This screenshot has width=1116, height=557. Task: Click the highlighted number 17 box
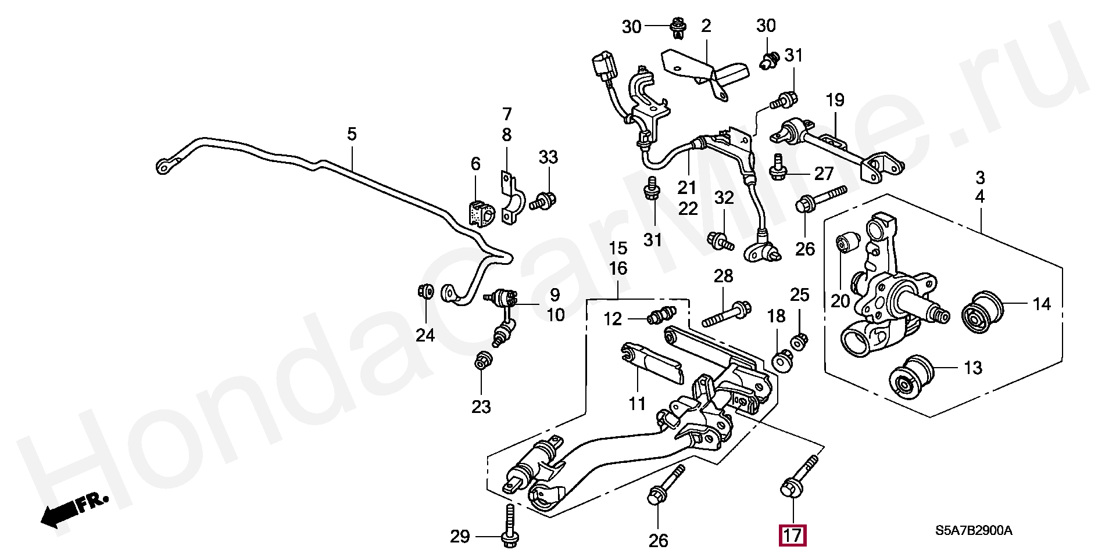[x=792, y=536]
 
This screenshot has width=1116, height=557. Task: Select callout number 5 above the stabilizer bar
[x=352, y=135]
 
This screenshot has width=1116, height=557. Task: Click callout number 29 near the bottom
[x=460, y=537]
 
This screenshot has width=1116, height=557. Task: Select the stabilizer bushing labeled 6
[x=480, y=213]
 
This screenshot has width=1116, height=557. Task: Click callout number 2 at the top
[x=706, y=26]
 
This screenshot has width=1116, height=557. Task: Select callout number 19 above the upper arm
[x=835, y=100]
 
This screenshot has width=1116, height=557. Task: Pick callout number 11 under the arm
[x=637, y=403]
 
